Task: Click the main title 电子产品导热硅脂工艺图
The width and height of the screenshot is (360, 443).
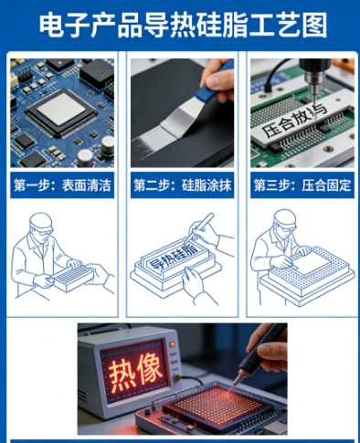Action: pyautogui.click(x=183, y=25)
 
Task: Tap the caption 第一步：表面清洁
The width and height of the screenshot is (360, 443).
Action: pyautogui.click(x=62, y=185)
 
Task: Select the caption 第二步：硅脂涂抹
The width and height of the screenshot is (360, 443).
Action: pyautogui.click(x=182, y=185)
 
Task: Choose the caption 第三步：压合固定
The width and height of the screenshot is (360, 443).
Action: pyautogui.click(x=302, y=185)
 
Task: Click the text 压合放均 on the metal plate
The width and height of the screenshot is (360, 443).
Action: pyautogui.click(x=294, y=121)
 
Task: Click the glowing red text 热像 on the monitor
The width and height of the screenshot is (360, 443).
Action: pyautogui.click(x=135, y=373)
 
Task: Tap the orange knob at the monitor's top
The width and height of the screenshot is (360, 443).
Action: pyautogui.click(x=173, y=344)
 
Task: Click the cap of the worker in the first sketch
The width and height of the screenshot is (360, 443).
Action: pyautogui.click(x=41, y=221)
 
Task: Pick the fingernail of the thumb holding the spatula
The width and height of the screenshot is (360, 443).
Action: pyautogui.click(x=213, y=81)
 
